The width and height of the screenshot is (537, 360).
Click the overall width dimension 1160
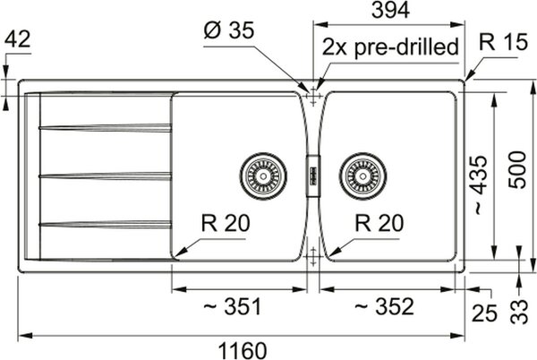pyautogui.click(x=243, y=350)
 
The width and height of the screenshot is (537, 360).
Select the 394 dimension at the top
pyautogui.click(x=390, y=10)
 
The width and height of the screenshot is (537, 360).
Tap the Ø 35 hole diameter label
pyautogui.click(x=229, y=30)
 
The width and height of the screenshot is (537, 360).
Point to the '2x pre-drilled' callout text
pyautogui.click(x=390, y=47)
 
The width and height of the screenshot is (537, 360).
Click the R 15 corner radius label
pyautogui.click(x=503, y=42)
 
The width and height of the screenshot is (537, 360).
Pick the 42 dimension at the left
pyautogui.click(x=18, y=39)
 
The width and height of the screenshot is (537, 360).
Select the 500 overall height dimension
pyautogui.click(x=516, y=170)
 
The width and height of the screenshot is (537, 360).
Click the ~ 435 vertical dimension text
pyautogui.click(x=478, y=185)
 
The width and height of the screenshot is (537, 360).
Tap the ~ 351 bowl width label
pyautogui.click(x=232, y=306)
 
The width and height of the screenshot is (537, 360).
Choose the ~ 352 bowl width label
pyautogui.click(x=384, y=306)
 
